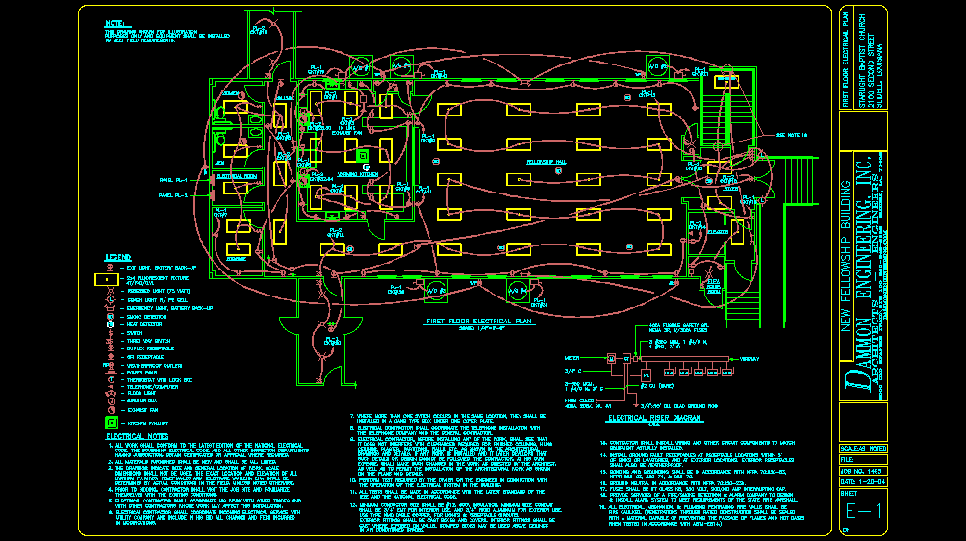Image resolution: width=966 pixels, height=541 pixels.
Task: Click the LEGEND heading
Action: [x=117, y=258]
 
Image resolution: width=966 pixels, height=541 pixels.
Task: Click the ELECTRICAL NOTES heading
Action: [x=132, y=436]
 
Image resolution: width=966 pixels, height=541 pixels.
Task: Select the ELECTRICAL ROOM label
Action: [x=236, y=177]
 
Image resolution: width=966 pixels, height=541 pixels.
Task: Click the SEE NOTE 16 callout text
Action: [x=791, y=135]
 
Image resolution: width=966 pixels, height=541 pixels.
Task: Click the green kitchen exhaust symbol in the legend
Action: [x=112, y=422]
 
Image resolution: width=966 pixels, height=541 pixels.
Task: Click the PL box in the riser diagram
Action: [x=647, y=373]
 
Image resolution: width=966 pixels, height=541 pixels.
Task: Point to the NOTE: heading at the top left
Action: [x=116, y=21]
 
